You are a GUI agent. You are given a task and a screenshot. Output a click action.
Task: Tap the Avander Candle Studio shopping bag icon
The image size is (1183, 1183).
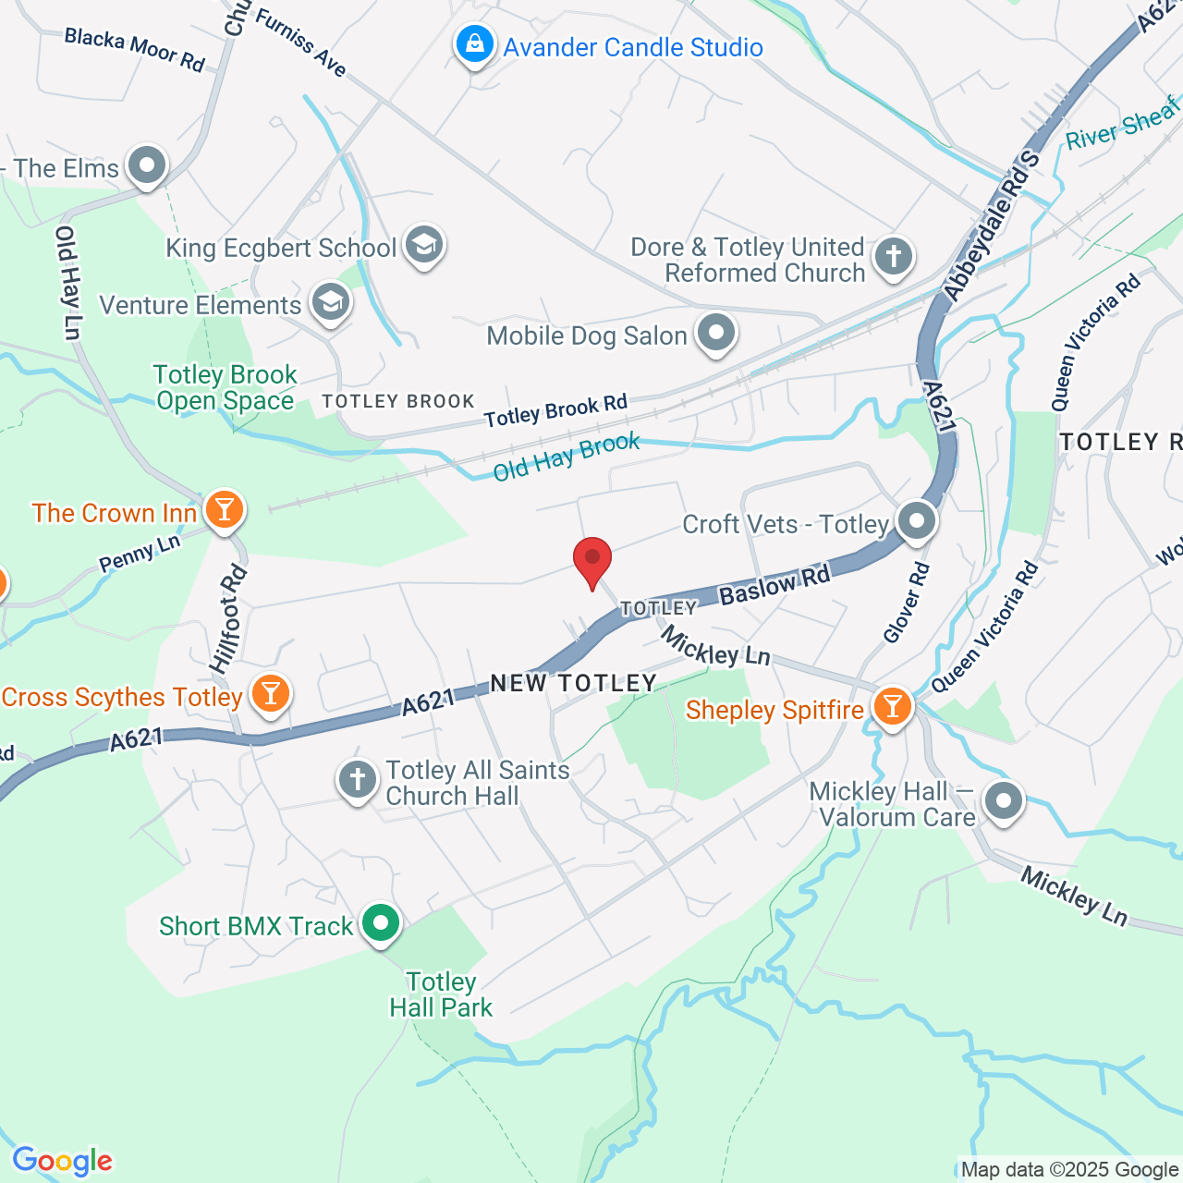click(475, 44)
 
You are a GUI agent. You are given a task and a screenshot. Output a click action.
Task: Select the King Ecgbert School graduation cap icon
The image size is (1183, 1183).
click(424, 246)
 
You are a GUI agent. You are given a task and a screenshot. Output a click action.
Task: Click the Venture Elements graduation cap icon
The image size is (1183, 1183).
click(330, 302)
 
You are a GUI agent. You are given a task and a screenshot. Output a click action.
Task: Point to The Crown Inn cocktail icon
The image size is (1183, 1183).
click(224, 510)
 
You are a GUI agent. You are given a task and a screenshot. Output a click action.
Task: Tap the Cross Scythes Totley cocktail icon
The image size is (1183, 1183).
click(271, 694)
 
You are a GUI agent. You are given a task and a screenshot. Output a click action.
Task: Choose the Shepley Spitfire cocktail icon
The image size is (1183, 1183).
click(892, 707)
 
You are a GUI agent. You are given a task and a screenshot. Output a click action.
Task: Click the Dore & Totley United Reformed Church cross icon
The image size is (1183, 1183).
click(893, 257)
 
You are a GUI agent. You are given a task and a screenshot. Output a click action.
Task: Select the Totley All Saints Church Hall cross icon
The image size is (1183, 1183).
click(358, 780)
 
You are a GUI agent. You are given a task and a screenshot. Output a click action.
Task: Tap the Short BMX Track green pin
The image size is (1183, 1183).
click(380, 923)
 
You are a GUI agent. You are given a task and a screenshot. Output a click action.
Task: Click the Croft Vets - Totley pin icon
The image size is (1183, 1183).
click(916, 521)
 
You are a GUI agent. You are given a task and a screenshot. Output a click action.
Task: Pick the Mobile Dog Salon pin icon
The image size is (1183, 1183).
click(715, 334)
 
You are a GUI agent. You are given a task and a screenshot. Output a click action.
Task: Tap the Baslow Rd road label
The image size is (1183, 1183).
click(774, 586)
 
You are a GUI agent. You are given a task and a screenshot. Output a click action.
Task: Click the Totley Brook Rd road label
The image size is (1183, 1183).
click(555, 410)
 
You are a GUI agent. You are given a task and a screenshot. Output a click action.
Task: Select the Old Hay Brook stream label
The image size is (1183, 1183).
click(566, 457)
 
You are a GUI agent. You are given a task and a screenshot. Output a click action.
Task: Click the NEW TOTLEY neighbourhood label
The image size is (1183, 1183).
click(573, 683)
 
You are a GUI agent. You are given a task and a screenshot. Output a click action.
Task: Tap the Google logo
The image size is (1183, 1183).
click(63, 1161)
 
